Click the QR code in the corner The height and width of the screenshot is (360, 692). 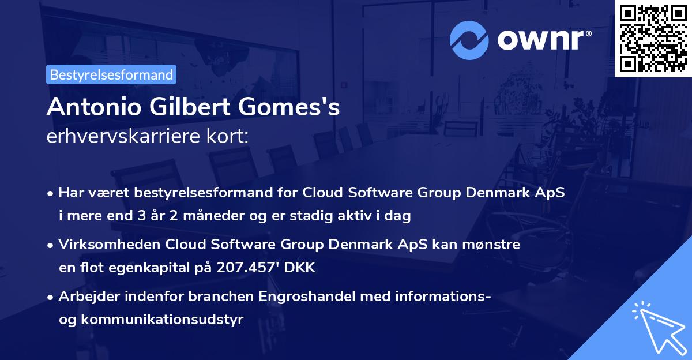(653, 38)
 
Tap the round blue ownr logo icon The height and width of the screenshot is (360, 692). (470, 40)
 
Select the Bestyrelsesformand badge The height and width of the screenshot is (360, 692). (111, 74)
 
